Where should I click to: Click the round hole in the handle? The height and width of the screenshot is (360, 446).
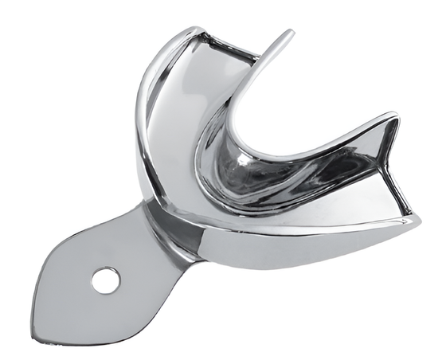(105, 280)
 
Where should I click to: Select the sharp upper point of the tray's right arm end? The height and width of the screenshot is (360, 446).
(397, 117)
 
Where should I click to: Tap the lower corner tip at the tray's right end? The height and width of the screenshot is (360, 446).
(419, 216)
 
